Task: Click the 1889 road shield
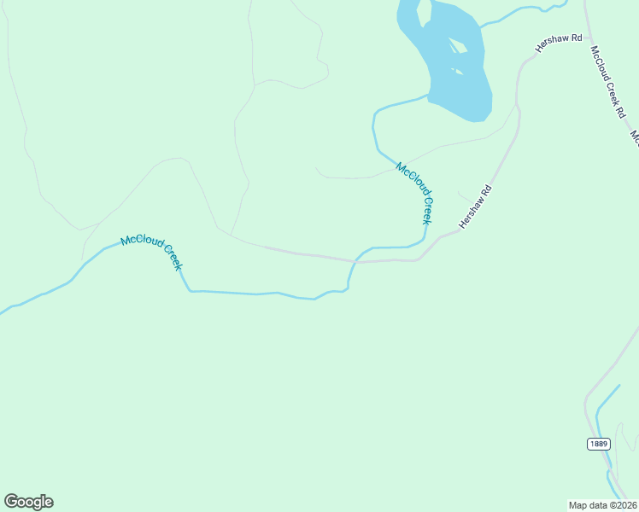pyautogui.click(x=599, y=444)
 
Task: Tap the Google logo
pyautogui.click(x=28, y=502)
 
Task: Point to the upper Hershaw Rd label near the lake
pyautogui.click(x=559, y=44)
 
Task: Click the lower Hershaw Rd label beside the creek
pyautogui.click(x=476, y=207)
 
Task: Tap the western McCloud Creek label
pyautogui.click(x=152, y=252)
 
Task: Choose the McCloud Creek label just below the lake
pyautogui.click(x=415, y=194)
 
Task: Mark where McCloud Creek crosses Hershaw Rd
pyautogui.click(x=353, y=261)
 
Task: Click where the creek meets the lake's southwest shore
pyautogui.click(x=427, y=96)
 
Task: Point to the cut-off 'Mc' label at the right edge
pyautogui.click(x=635, y=137)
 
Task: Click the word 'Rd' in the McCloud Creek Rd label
pyautogui.click(x=620, y=110)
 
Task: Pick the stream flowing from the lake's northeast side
pyautogui.click(x=521, y=12)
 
